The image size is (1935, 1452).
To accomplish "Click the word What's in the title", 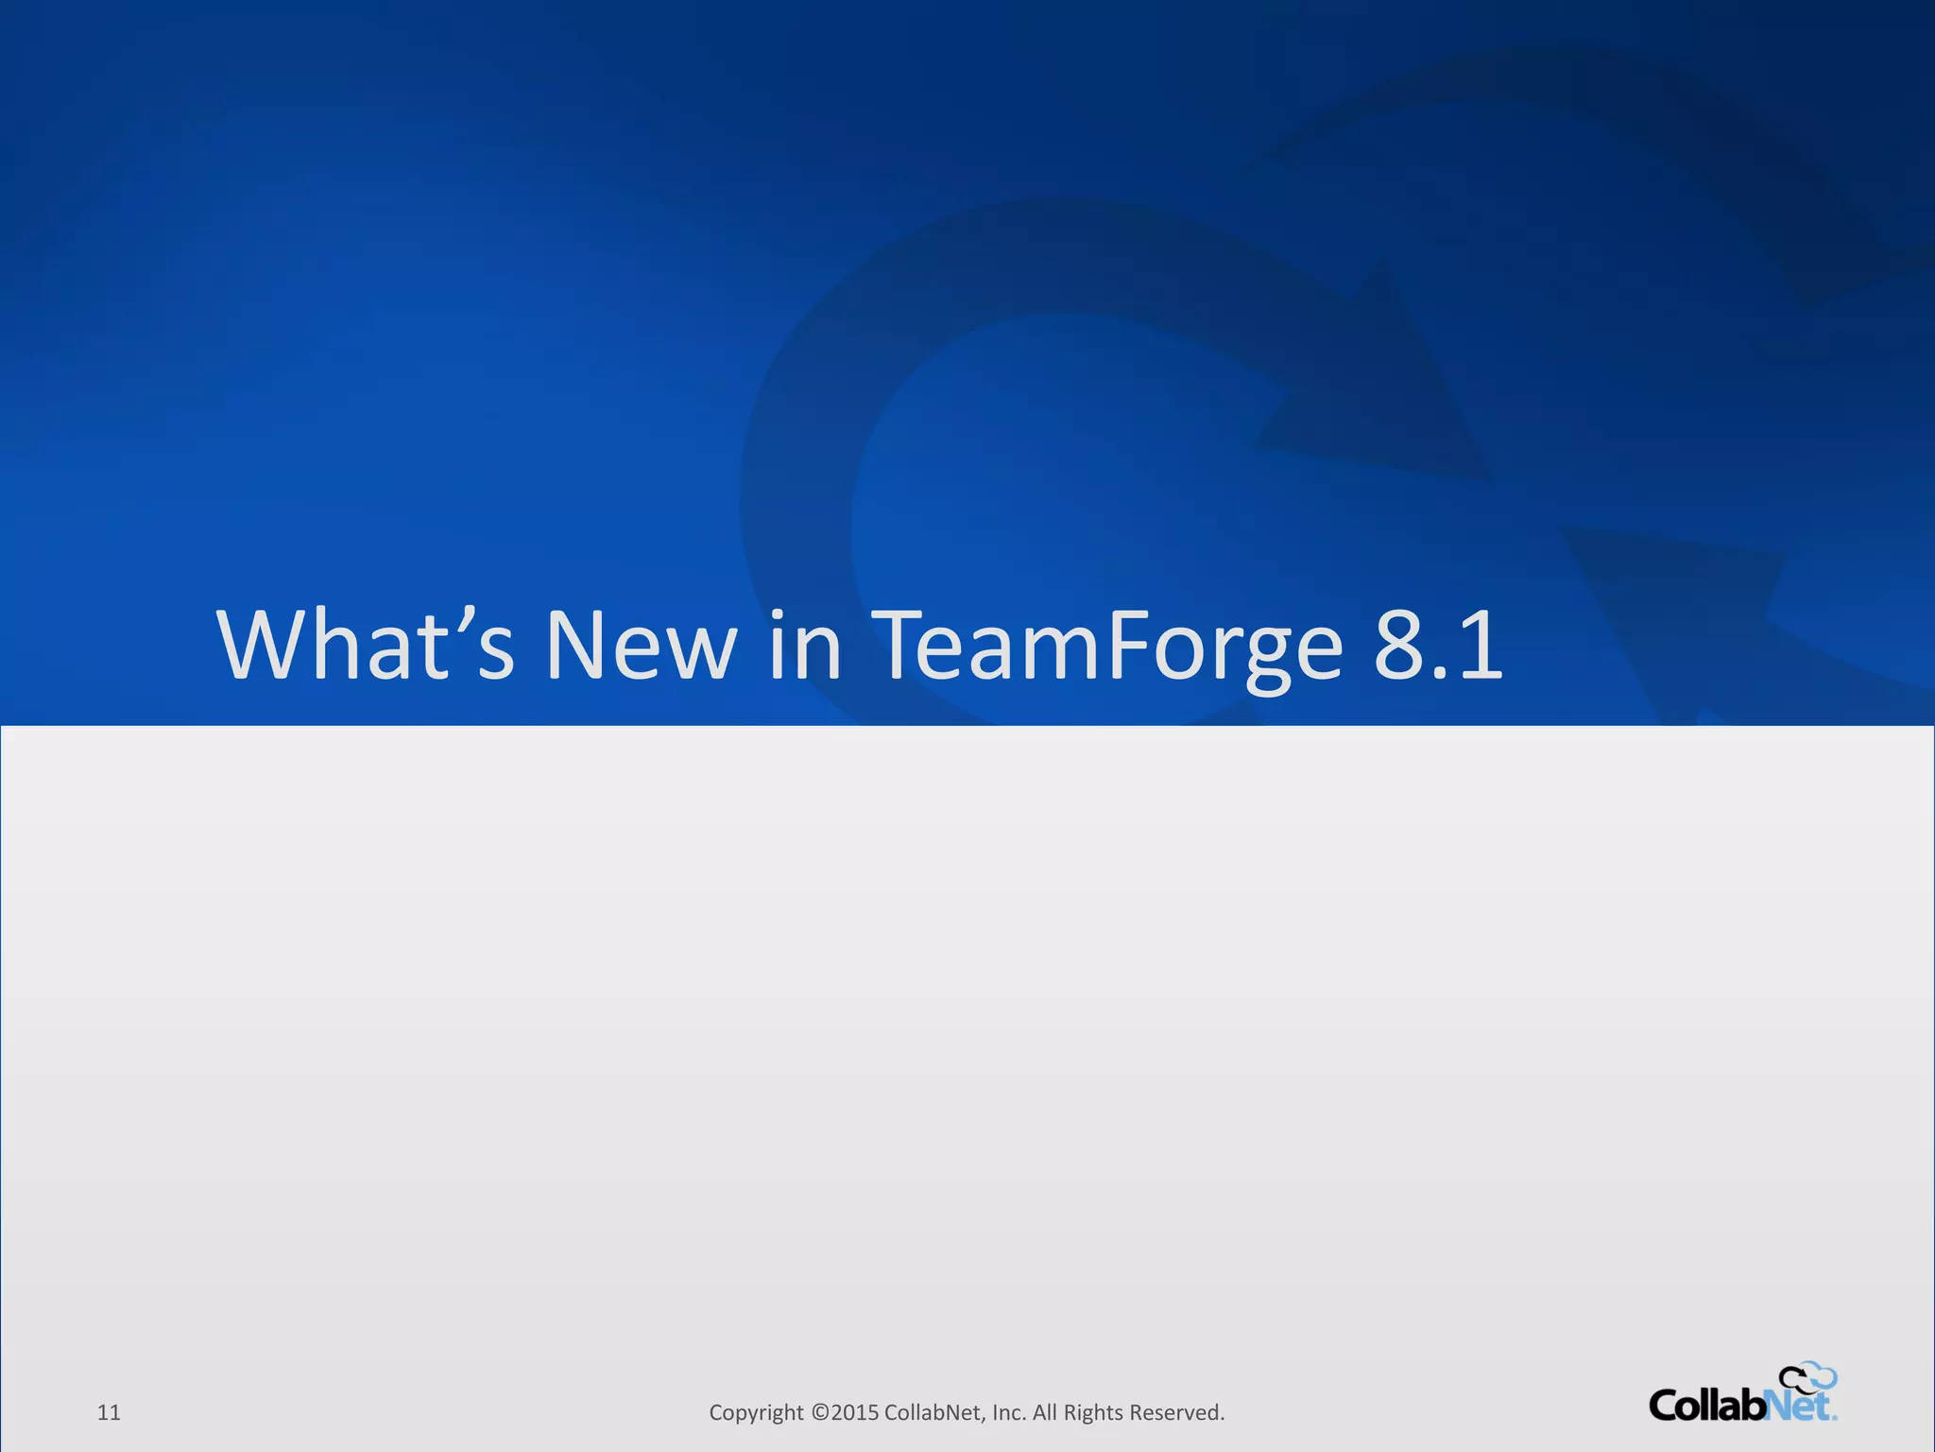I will click(366, 645).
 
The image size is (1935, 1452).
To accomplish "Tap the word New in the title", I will click(641, 645).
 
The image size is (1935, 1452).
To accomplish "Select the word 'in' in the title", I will click(804, 645).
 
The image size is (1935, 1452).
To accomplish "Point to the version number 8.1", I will click(1437, 645).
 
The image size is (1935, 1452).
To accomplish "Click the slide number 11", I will click(109, 1412).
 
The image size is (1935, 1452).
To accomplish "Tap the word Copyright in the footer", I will click(756, 1412).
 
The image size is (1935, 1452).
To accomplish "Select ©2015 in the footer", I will click(845, 1412).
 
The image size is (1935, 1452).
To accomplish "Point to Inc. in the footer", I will click(1009, 1412).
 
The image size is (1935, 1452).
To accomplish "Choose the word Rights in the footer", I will click(1093, 1412).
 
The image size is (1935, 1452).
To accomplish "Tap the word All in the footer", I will click(1045, 1412).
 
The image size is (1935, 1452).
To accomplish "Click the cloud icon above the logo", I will click(1807, 1378).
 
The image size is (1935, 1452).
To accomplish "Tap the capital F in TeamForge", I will click(1127, 645).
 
